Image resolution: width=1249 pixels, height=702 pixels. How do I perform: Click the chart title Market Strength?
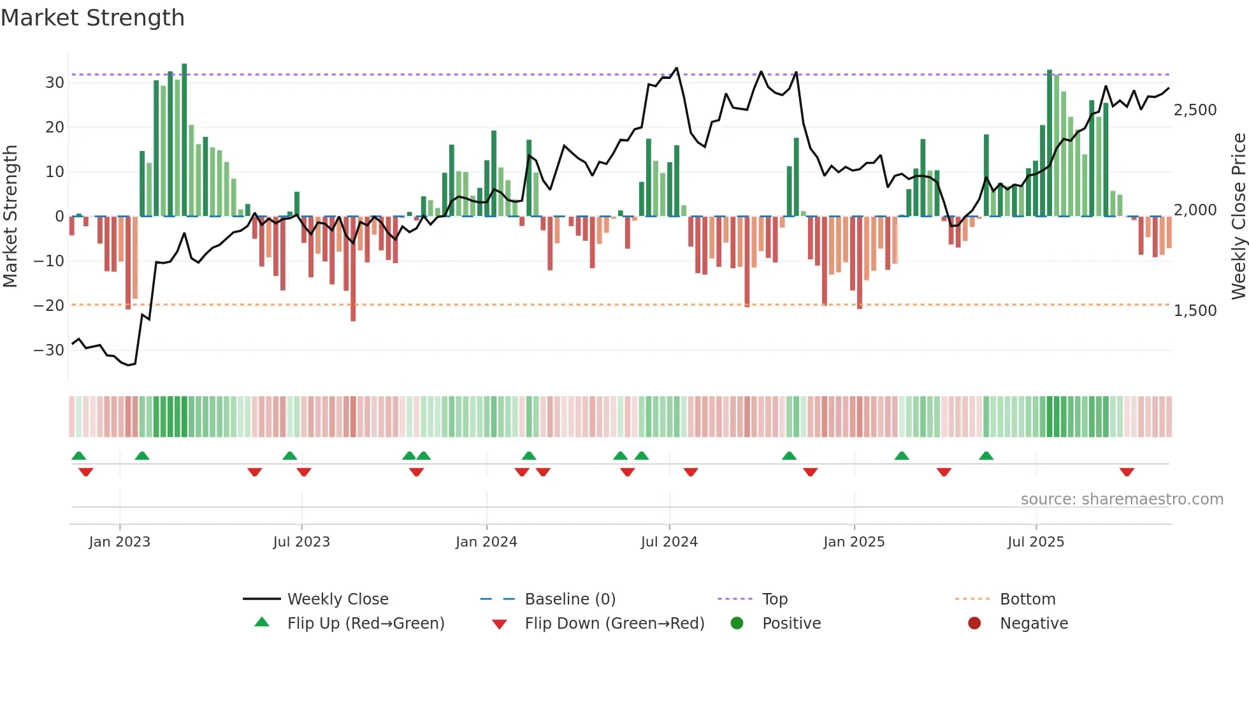(x=92, y=18)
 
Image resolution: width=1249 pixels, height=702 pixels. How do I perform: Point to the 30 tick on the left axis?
(x=54, y=83)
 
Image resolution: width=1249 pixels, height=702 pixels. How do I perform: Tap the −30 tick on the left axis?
(x=49, y=350)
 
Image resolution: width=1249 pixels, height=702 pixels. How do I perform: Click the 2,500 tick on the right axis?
(x=1195, y=110)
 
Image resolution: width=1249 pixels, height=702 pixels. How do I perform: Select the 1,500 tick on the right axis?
(x=1195, y=311)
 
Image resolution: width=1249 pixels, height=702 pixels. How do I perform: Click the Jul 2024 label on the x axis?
(x=669, y=542)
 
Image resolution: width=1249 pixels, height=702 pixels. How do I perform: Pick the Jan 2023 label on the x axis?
(x=120, y=542)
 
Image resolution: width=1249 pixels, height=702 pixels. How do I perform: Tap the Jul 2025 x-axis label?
(x=1036, y=542)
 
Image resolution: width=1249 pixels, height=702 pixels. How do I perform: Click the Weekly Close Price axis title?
(x=1238, y=217)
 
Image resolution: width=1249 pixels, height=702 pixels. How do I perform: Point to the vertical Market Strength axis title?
(x=11, y=217)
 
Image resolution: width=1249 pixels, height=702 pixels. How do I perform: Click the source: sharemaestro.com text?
(x=1122, y=499)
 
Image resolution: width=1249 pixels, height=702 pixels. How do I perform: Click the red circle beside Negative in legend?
(x=974, y=624)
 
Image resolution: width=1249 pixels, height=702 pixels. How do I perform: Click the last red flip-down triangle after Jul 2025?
(x=1127, y=472)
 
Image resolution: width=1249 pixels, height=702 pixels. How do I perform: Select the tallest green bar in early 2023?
(x=184, y=140)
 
